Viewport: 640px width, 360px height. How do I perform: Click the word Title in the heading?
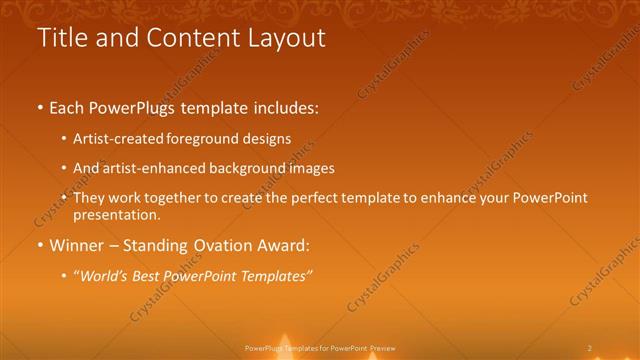(61, 38)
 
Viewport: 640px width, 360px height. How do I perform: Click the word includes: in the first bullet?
(284, 107)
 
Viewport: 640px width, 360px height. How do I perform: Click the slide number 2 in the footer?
(590, 348)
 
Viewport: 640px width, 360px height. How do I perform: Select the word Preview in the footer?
(383, 348)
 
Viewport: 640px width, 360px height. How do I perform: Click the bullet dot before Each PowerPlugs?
(40, 107)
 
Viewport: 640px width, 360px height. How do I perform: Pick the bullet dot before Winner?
(40, 245)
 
